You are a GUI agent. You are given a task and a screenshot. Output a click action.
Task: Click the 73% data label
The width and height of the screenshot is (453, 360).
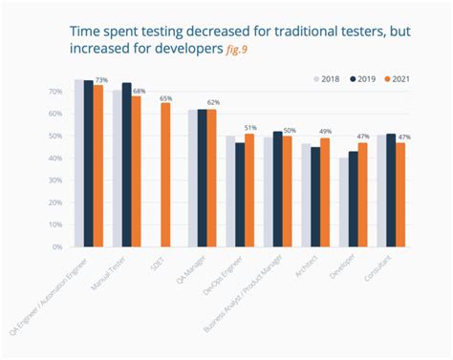(100, 80)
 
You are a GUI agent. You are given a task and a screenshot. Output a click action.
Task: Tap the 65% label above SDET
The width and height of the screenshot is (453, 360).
(166, 98)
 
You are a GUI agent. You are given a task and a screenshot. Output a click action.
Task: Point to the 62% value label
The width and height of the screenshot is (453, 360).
(213, 102)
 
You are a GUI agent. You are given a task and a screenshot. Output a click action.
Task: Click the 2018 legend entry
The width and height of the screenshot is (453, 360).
(328, 78)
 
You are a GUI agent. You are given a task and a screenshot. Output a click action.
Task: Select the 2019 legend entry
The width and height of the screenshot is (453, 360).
(364, 78)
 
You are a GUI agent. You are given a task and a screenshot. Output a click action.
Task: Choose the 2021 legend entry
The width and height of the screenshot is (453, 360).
(401, 78)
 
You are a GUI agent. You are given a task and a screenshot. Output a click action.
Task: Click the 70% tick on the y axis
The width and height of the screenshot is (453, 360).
(55, 92)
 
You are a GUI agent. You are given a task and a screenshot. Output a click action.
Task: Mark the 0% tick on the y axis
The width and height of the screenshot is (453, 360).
(57, 246)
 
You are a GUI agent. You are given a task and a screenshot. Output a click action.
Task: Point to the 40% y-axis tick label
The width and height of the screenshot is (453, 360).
(55, 158)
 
